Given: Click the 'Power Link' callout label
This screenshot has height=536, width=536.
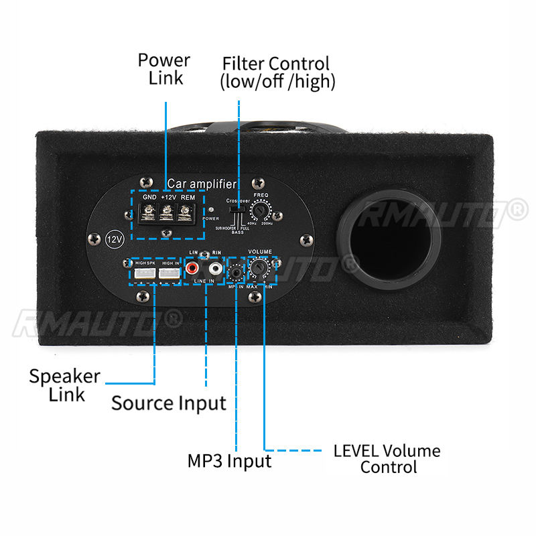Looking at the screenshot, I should coord(164,68).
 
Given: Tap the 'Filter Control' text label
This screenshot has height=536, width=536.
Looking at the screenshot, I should coord(277,73).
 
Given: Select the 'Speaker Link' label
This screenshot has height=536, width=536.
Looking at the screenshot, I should coord(64,385).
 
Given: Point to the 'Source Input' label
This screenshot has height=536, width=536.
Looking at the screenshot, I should coord(169,403).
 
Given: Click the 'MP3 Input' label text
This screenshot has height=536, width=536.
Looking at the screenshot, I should coord(229,461).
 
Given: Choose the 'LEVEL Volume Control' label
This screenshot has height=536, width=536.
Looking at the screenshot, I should coord(387,458).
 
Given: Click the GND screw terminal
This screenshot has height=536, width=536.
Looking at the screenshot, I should coord(149,214).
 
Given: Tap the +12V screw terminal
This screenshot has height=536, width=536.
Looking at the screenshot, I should coord(167,214).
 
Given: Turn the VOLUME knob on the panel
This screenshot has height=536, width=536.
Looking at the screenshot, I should coord(259,269).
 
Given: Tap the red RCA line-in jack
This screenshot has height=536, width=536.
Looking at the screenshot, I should coord(193,269).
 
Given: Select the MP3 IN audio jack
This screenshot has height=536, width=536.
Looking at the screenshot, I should coord(235,272).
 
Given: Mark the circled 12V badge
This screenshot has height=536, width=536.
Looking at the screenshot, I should coord(115,240).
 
